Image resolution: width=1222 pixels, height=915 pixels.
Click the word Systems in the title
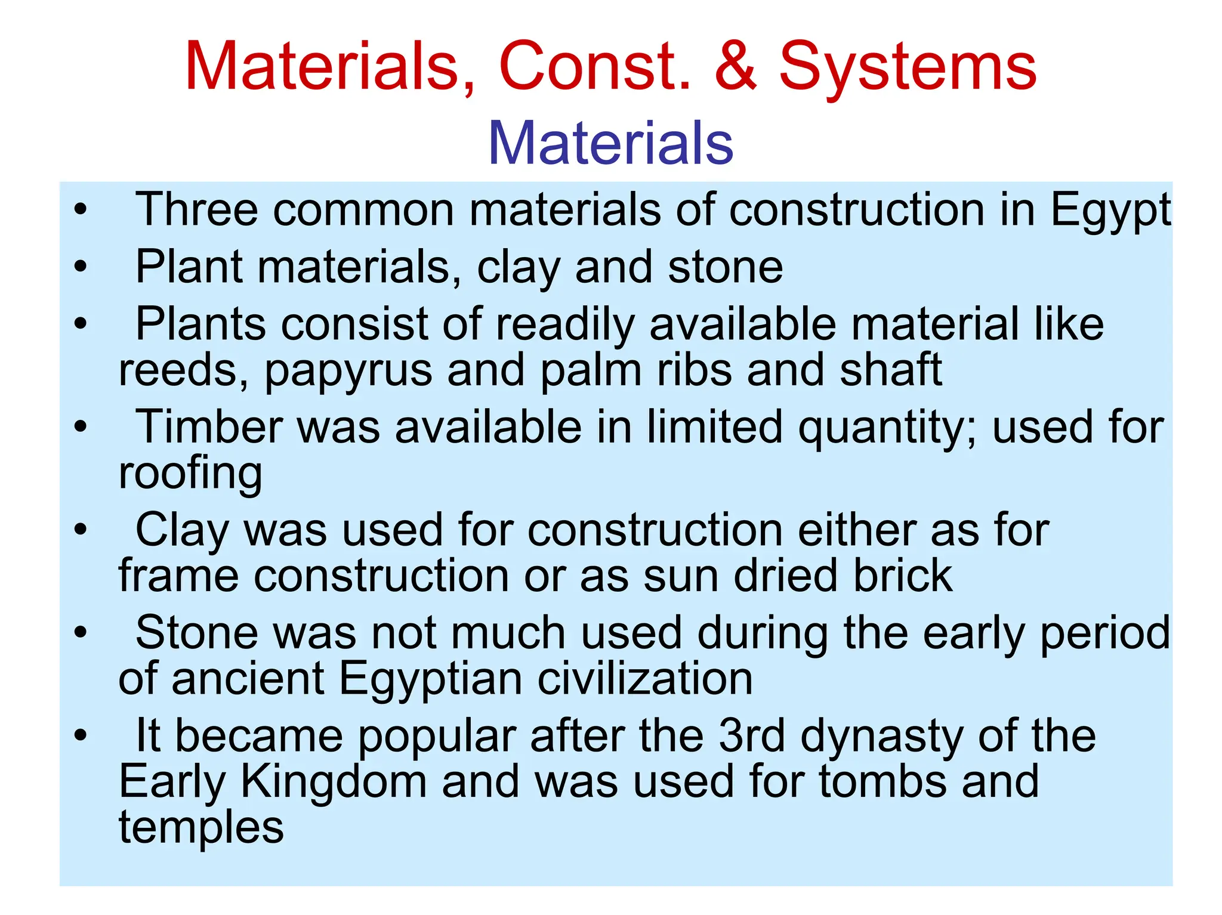908,67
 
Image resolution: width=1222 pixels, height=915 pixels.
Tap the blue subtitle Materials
610,143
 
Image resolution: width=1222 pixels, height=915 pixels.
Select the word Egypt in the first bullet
1110,210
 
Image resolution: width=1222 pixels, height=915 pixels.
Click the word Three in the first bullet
196,210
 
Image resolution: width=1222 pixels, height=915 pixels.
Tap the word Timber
209,427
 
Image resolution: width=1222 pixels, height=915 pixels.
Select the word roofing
190,474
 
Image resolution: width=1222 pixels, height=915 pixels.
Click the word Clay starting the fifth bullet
182,530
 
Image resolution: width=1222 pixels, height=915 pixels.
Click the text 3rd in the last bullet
751,735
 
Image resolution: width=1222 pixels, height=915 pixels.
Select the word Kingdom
333,782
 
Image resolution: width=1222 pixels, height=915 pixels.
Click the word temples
201,828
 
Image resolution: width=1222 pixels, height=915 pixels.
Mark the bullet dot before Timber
81,427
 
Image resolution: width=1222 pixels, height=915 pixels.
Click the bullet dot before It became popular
81,735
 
